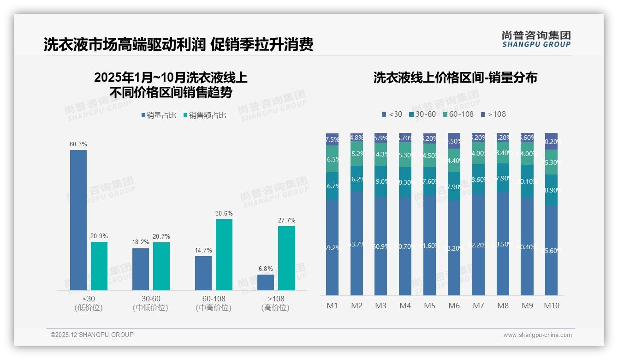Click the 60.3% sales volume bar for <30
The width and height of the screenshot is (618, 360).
78,220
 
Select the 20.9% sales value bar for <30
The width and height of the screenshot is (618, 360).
99,266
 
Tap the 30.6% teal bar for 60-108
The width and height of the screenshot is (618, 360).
224,255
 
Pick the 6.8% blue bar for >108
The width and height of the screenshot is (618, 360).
266,282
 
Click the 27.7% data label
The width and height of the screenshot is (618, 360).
286,220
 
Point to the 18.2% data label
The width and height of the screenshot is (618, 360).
141,242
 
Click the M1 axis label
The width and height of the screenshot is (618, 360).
332,306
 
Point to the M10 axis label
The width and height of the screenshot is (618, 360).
552,306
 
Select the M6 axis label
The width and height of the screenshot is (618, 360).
454,306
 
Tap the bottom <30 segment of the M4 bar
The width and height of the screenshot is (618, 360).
405,246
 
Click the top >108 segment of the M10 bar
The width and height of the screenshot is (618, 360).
552,141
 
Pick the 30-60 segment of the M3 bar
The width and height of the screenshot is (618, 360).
380,181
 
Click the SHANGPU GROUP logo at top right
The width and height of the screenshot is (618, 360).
536,39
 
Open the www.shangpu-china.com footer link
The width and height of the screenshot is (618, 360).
537,335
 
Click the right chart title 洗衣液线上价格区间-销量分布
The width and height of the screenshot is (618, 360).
455,78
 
